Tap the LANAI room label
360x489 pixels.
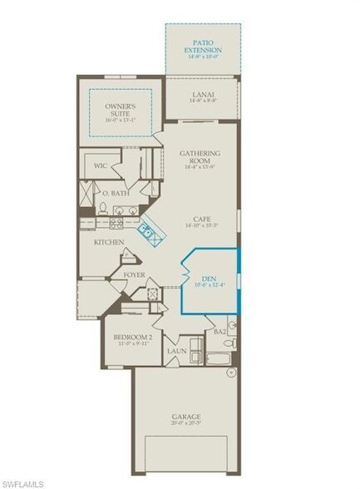pyautogui.click(x=202, y=95)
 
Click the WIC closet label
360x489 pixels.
pyautogui.click(x=100, y=165)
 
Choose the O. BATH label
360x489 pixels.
pyautogui.click(x=116, y=193)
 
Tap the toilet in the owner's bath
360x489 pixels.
pyautogui.click(x=101, y=208)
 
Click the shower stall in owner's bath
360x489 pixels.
pyautogui.click(x=86, y=193)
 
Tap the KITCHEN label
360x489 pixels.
pyautogui.click(x=109, y=242)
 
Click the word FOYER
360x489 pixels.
pyautogui.click(x=135, y=274)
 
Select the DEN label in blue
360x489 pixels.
pyautogui.click(x=209, y=279)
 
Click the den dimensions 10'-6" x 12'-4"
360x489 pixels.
pyautogui.click(x=209, y=286)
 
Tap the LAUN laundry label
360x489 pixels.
pyautogui.click(x=176, y=351)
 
